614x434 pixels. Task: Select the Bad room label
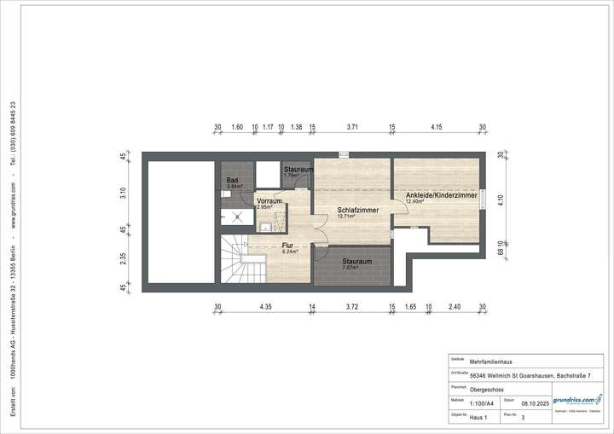coord(231,180)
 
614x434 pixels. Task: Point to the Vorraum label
coord(269,201)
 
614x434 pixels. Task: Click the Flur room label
coord(287,245)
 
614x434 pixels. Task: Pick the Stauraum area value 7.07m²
coord(350,268)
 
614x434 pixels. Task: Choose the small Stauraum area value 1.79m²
coord(293,176)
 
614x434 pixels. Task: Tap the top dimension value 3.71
coord(352,127)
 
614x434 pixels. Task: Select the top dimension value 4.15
coord(437,127)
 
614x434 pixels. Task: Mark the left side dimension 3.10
coord(124,192)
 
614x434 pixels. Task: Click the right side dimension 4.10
coord(501,200)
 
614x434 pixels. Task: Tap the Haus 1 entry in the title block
coord(480,418)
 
